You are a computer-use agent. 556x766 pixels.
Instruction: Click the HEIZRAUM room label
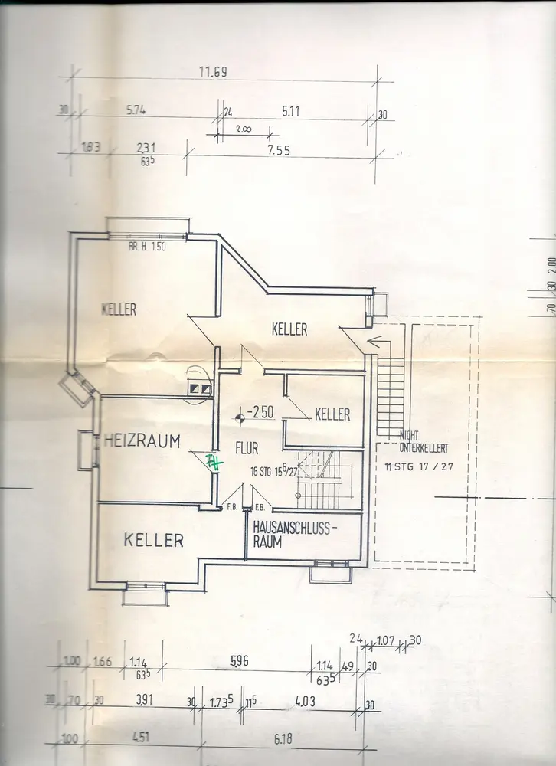point(142,440)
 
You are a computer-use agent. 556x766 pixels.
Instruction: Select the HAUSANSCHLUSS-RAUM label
point(295,535)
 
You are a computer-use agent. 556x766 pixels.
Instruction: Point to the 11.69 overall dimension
point(214,73)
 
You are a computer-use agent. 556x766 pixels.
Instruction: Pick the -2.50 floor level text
point(260,412)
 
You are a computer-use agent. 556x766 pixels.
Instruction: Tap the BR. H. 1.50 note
point(148,247)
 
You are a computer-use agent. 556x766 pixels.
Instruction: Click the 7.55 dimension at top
point(279,150)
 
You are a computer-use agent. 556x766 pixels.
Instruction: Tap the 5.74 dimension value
point(136,110)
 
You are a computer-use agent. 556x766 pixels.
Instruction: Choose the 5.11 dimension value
point(291,111)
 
